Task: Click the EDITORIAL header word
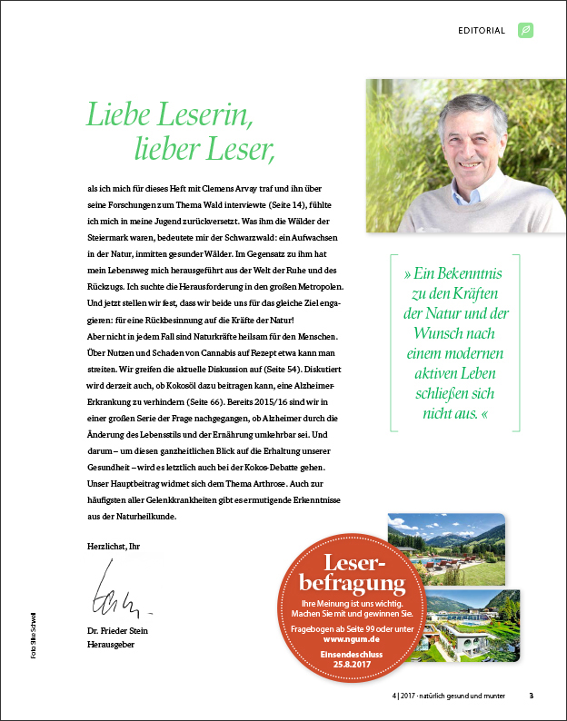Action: tap(482, 30)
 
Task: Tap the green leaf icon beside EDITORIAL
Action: tap(525, 30)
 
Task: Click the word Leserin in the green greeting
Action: tap(202, 114)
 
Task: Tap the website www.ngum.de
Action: tap(352, 637)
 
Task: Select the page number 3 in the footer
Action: tap(532, 696)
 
